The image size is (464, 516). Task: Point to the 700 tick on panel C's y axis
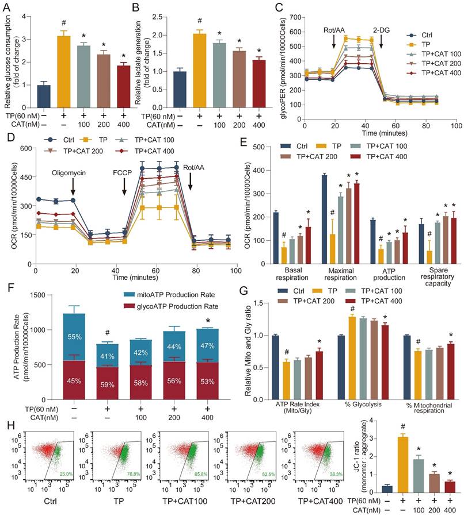[x=298, y=17]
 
